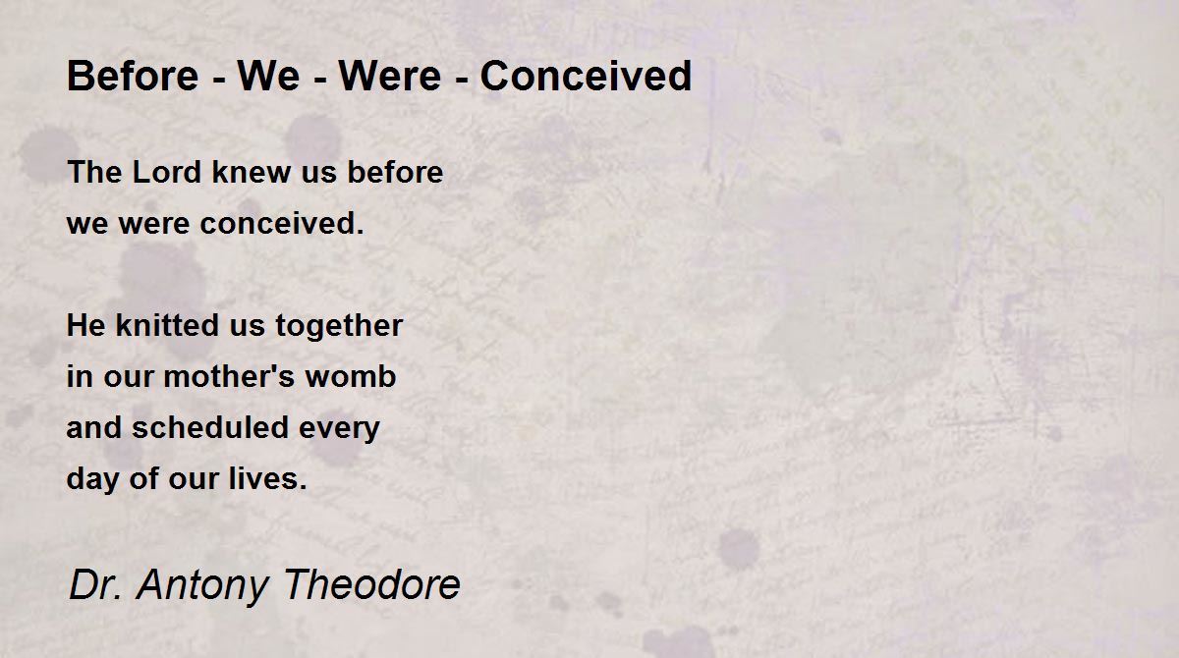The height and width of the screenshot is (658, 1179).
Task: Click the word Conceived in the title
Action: [586, 76]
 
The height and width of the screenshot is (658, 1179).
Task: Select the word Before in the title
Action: [133, 76]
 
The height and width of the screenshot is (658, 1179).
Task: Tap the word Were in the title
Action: [389, 76]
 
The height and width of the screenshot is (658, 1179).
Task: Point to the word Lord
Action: [167, 172]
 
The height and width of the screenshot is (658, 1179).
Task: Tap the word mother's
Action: [229, 376]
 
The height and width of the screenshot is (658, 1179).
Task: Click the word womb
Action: [351, 376]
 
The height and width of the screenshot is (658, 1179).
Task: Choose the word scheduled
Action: [210, 427]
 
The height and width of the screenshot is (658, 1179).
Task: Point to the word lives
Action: [268, 478]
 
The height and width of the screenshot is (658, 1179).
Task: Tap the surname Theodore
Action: [372, 583]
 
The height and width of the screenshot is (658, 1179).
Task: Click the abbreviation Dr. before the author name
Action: [95, 583]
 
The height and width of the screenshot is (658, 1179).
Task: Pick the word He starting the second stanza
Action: [85, 325]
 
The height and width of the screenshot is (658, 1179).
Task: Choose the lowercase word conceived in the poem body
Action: [282, 223]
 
